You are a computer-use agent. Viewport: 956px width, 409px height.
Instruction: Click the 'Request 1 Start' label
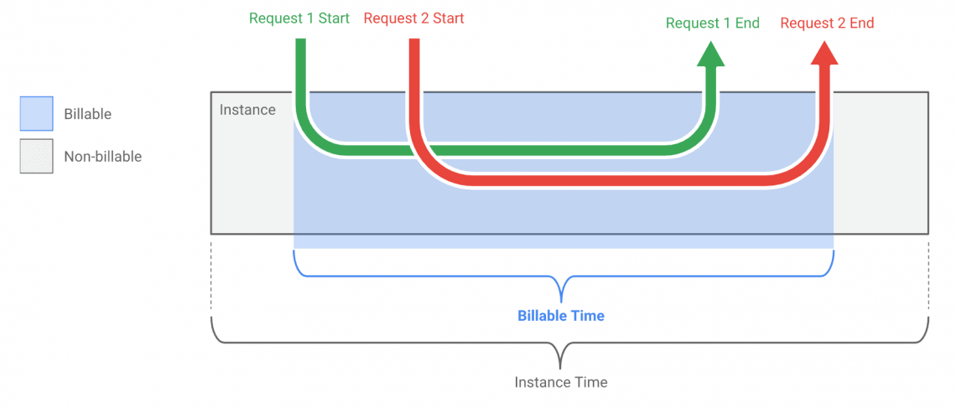click(x=299, y=18)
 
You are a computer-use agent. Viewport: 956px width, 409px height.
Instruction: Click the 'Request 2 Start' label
click(x=413, y=18)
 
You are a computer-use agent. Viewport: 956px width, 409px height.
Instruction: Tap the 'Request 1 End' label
click(x=712, y=23)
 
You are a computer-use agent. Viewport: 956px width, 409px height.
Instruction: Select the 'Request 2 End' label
click(x=827, y=23)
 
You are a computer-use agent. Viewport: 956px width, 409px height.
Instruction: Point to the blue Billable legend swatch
click(x=36, y=113)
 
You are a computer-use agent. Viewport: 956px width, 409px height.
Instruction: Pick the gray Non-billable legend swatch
click(x=36, y=156)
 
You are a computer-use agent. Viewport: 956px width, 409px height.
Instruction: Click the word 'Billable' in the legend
click(x=87, y=114)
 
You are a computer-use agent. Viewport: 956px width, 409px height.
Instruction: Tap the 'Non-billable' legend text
click(x=102, y=156)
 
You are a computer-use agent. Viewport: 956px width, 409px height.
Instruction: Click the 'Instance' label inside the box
click(x=247, y=110)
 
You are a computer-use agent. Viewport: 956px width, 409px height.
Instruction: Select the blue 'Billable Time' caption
click(x=561, y=316)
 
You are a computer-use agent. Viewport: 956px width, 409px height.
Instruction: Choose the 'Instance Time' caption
click(x=561, y=382)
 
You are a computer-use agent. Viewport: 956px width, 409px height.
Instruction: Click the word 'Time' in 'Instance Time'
click(x=590, y=382)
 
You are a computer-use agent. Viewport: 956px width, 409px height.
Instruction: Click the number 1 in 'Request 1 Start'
click(x=311, y=18)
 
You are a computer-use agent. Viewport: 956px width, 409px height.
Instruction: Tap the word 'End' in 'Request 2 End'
click(x=861, y=23)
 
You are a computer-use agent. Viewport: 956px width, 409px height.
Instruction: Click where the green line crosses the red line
click(x=417, y=151)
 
